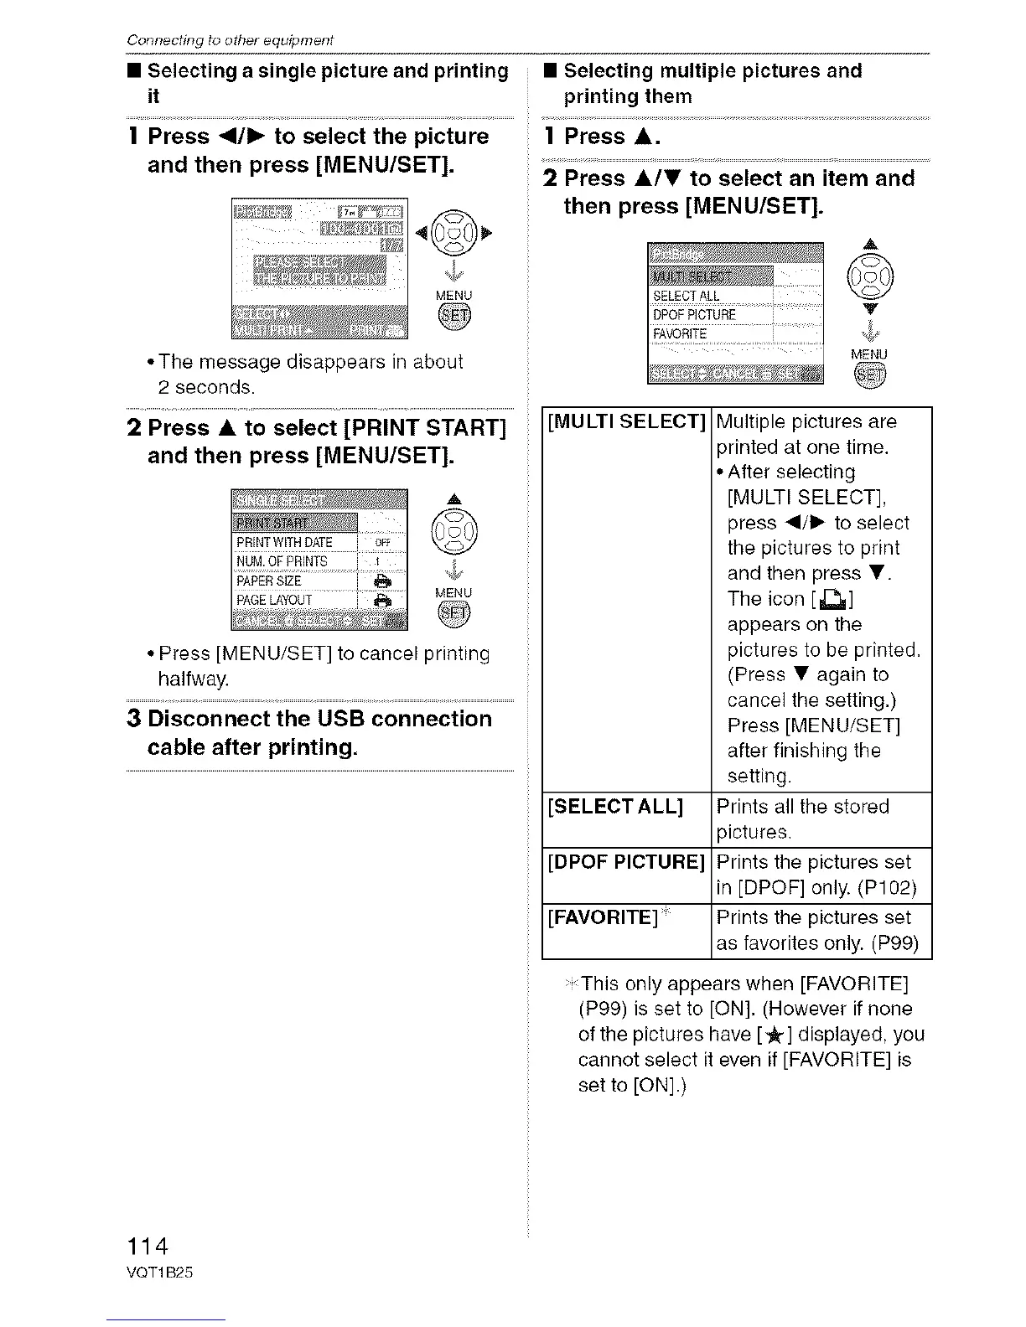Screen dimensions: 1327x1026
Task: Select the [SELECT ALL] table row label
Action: [615, 807]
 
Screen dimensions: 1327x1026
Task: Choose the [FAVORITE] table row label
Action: [602, 917]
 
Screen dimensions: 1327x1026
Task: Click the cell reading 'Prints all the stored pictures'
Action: [802, 818]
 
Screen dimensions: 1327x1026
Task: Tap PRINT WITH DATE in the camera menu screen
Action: [284, 542]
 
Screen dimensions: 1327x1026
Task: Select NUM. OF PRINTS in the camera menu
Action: [282, 561]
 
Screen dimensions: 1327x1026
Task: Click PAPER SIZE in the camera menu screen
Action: [268, 581]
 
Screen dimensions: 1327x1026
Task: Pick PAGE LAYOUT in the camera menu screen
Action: [274, 600]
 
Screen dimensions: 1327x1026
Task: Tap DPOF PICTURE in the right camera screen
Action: [694, 315]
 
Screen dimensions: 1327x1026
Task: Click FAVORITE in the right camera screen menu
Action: [680, 334]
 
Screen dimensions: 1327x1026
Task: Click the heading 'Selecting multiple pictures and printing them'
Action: [712, 83]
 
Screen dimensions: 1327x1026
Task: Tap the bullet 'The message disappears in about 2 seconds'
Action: [310, 374]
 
